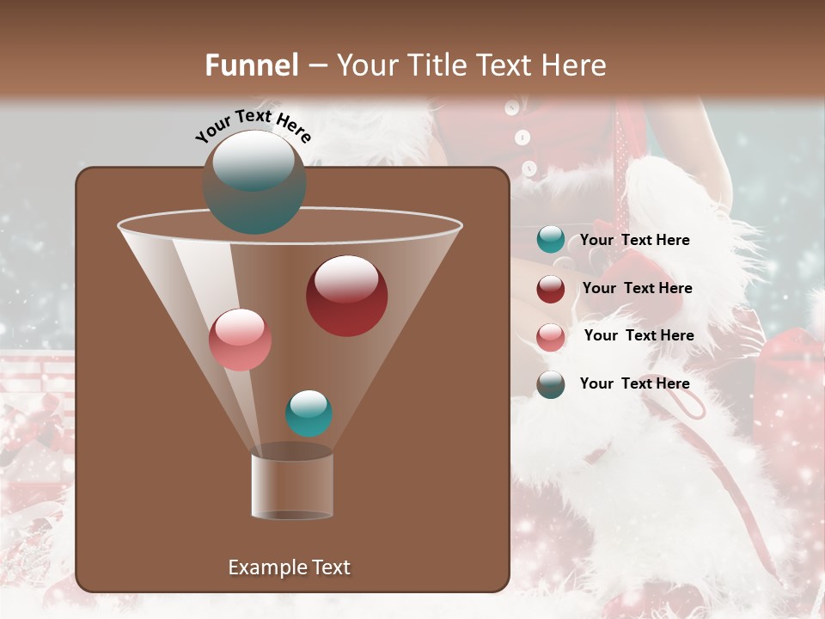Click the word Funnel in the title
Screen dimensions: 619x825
pos(252,65)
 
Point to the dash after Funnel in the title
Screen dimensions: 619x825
pos(317,66)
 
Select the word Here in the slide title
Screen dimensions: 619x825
pos(575,65)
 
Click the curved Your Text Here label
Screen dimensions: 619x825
pos(253,126)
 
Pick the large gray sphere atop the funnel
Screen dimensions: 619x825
pos(254,182)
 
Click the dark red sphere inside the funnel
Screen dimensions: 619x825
pos(346,295)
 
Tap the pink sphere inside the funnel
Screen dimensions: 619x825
pos(241,339)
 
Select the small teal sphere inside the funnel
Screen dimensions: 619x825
pos(309,413)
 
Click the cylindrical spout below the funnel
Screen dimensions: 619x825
pos(292,486)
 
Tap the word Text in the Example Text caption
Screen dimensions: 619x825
pos(329,567)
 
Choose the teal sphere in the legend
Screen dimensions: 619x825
pos(551,240)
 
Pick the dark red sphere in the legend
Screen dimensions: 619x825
pos(551,289)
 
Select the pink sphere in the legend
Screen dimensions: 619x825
pos(551,336)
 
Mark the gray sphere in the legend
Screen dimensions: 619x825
pos(551,384)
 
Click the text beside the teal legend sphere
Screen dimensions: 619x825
pos(634,241)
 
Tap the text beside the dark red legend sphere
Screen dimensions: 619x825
pos(637,289)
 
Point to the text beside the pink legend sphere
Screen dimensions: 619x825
pos(639,336)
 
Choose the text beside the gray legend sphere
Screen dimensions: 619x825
pos(634,383)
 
